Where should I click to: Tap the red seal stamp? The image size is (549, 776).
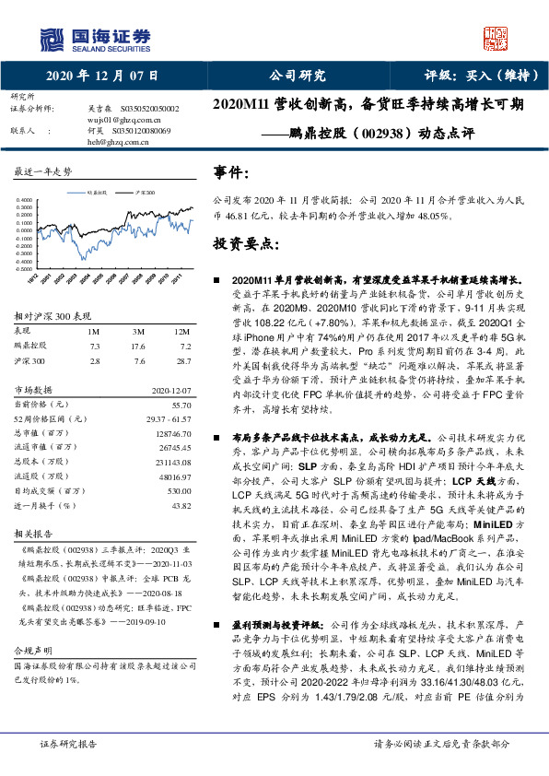pos(496,38)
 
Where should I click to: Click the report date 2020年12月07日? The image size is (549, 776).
pos(100,76)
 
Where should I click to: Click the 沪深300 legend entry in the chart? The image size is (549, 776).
pos(142,194)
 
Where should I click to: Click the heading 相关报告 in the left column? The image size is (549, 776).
pos(32,535)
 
